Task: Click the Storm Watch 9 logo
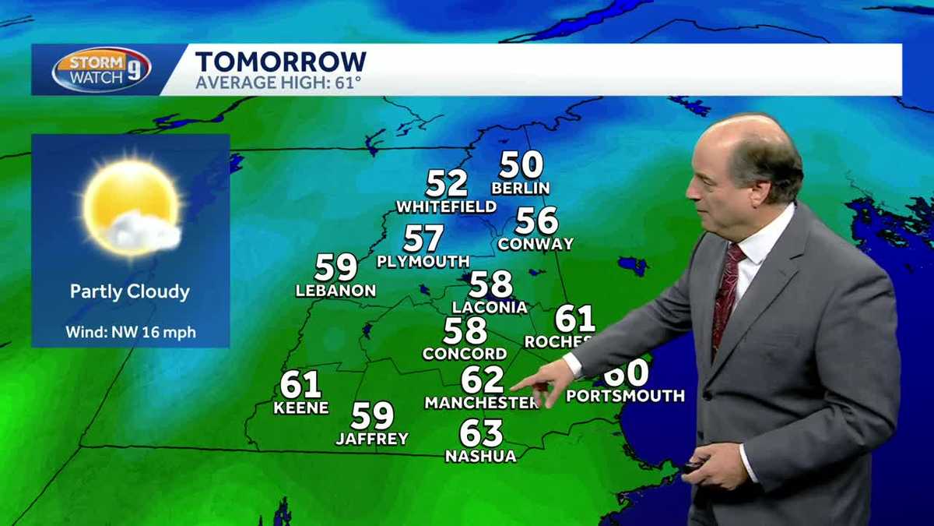[101, 69]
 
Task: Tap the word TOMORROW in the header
[280, 62]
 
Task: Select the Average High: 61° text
[278, 82]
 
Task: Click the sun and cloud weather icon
[132, 206]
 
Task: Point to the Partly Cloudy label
[130, 292]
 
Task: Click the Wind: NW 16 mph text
[130, 333]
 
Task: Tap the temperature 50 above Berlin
[521, 165]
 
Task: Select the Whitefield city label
[446, 207]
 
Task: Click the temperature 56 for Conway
[537, 221]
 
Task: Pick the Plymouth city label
[423, 262]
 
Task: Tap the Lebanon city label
[335, 291]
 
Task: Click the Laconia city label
[490, 307]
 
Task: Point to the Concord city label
[465, 354]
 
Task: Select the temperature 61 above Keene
[301, 384]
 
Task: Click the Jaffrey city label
[372, 440]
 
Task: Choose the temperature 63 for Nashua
[481, 433]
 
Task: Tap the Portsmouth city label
[625, 396]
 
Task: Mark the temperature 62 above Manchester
[483, 380]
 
